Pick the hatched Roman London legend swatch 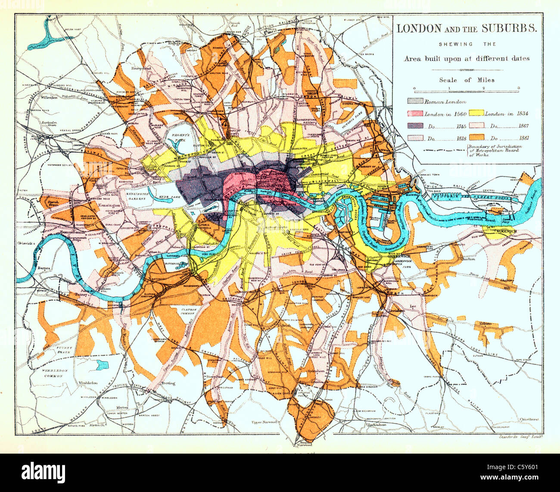pyautogui.click(x=415, y=102)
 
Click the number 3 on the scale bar pyautogui.click(x=519, y=88)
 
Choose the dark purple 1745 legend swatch pyautogui.click(x=415, y=126)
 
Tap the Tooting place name pyautogui.click(x=168, y=383)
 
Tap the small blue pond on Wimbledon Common pyautogui.click(x=102, y=366)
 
